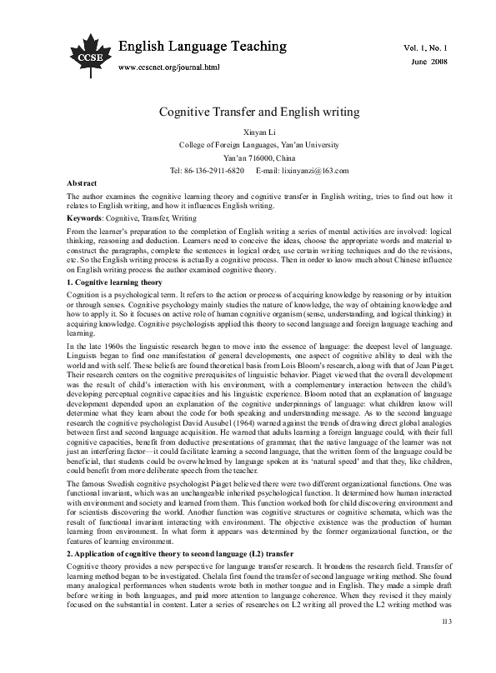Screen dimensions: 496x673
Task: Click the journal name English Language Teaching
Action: pyautogui.click(x=203, y=45)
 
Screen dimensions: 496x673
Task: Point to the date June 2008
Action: pyautogui.click(x=430, y=62)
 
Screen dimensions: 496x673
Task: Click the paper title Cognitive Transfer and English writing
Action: pyautogui.click(x=248, y=111)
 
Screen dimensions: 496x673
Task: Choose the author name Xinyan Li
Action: pyautogui.click(x=248, y=132)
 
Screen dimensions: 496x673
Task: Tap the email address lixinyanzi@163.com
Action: pyautogui.click(x=308, y=169)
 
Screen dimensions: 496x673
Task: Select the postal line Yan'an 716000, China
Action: pyautogui.click(x=248, y=157)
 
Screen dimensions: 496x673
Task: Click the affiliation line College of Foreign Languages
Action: pyautogui.click(x=248, y=145)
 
